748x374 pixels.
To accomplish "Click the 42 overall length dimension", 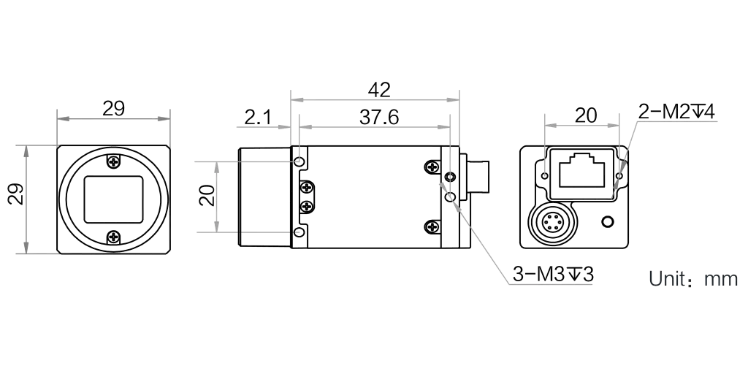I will click(x=380, y=90).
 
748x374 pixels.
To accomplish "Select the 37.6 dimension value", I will click(x=379, y=116).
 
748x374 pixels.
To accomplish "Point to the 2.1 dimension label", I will click(x=259, y=116).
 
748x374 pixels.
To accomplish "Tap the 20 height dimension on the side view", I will click(x=208, y=194).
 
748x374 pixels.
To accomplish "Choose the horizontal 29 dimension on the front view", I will click(x=113, y=109).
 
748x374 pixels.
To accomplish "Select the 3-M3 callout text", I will click(x=553, y=275).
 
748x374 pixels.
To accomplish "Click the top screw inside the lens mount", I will click(x=113, y=161).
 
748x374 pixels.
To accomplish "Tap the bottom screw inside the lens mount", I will click(x=113, y=237).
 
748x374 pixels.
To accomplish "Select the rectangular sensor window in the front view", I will click(x=113, y=199).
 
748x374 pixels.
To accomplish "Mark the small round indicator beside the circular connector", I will click(x=606, y=221).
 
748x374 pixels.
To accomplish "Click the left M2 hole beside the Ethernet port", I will click(x=545, y=176).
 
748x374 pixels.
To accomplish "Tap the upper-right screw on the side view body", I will click(x=432, y=168).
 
